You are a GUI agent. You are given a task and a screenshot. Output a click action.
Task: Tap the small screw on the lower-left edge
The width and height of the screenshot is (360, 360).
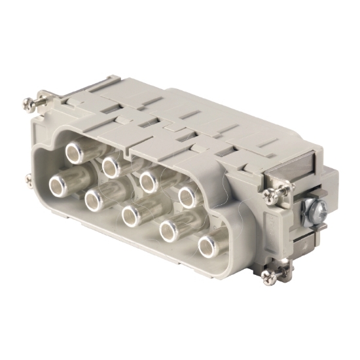(x=28, y=178)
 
